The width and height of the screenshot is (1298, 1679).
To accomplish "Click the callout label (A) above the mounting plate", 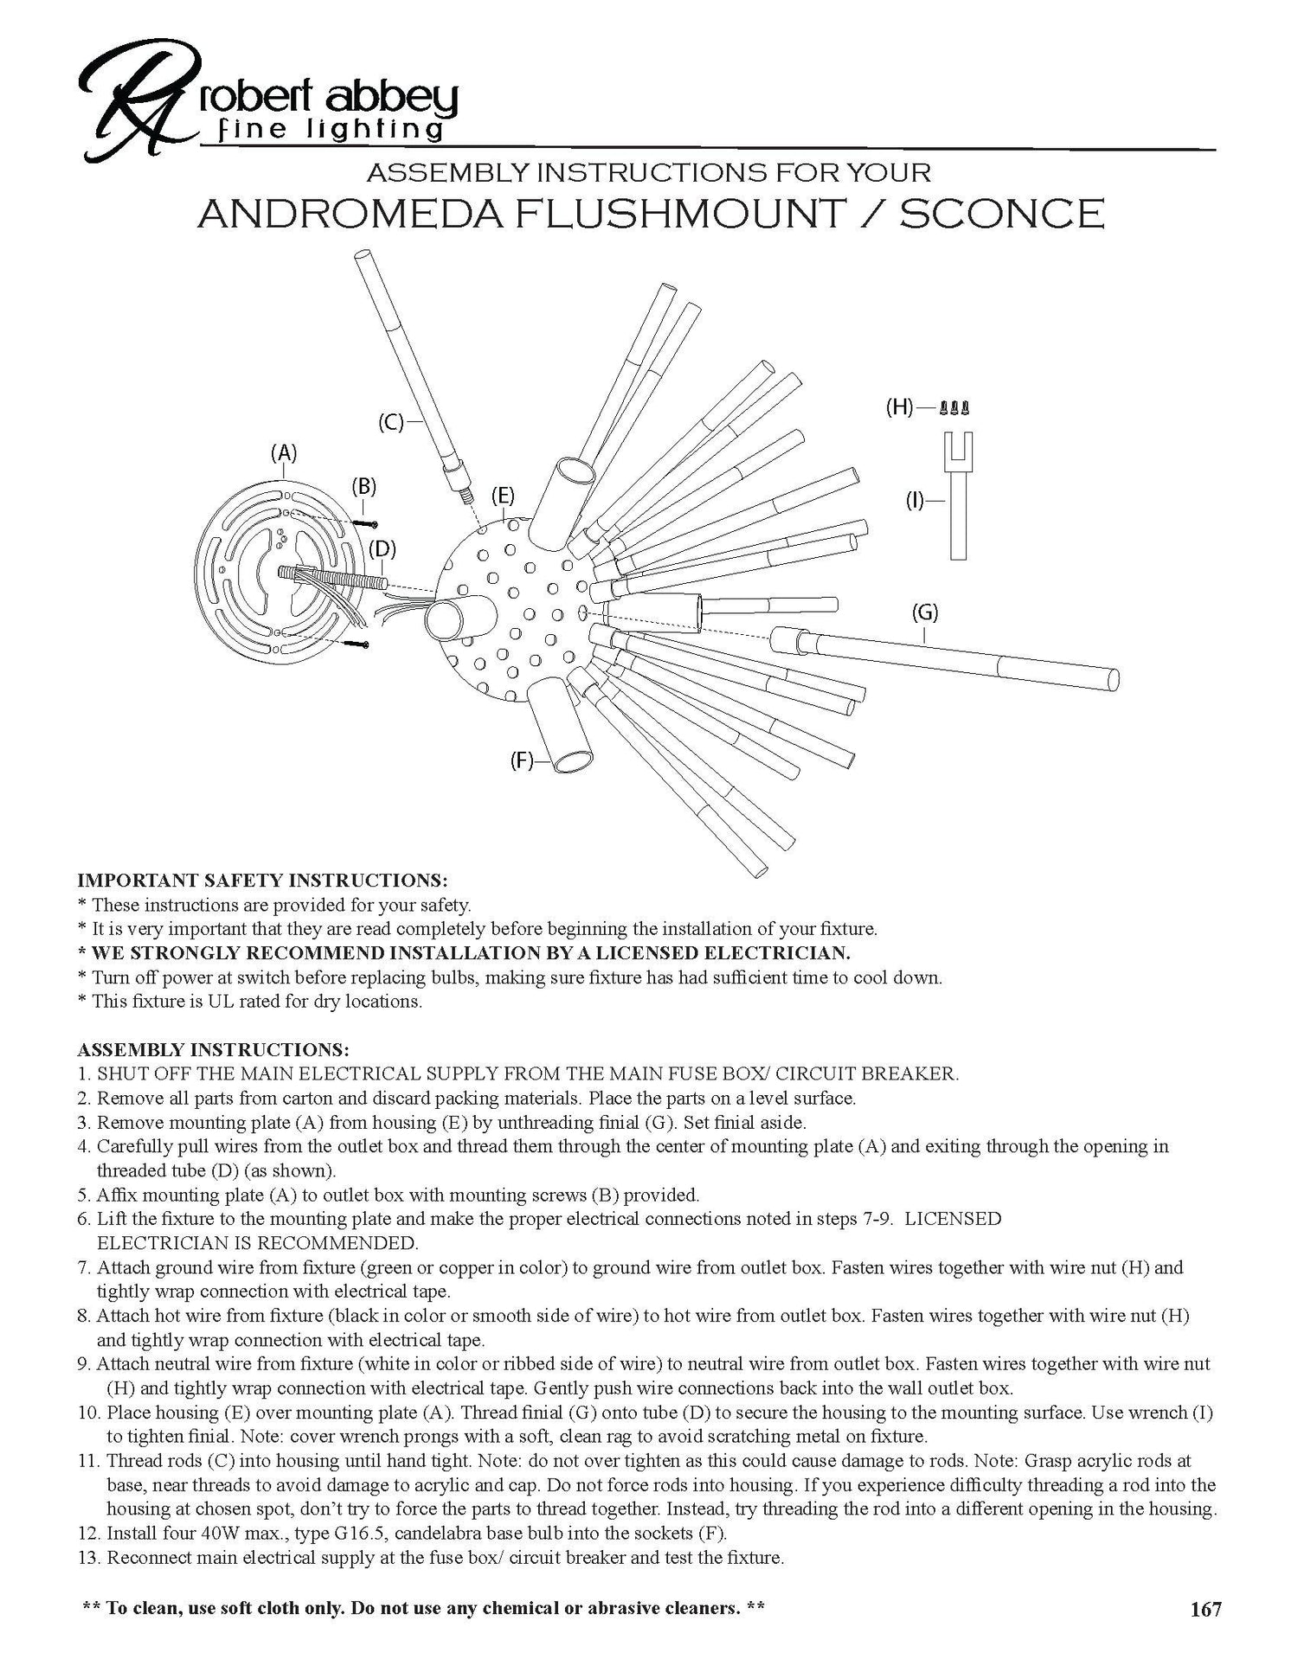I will [x=283, y=452].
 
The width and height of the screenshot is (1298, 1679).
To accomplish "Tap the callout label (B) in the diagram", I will [x=363, y=486].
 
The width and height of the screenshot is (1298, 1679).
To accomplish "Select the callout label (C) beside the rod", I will [x=391, y=423].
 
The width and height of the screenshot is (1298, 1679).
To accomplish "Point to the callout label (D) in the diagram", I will [x=382, y=548].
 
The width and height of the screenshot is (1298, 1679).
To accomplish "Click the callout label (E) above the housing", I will [x=503, y=496].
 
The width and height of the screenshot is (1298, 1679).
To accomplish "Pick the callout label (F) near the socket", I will [x=521, y=762].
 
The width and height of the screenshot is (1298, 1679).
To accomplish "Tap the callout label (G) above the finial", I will [x=925, y=612].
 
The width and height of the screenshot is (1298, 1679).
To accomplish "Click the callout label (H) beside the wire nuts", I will [x=900, y=407].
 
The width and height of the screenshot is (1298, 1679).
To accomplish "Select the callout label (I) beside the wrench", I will [x=915, y=499].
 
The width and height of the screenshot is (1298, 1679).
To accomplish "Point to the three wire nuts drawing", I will [x=954, y=407].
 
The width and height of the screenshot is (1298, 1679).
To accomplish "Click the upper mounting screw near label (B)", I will [x=366, y=522].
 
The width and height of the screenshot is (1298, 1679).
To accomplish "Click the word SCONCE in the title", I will [x=1001, y=215].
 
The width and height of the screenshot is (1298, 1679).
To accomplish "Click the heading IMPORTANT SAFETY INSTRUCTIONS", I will [x=262, y=881].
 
